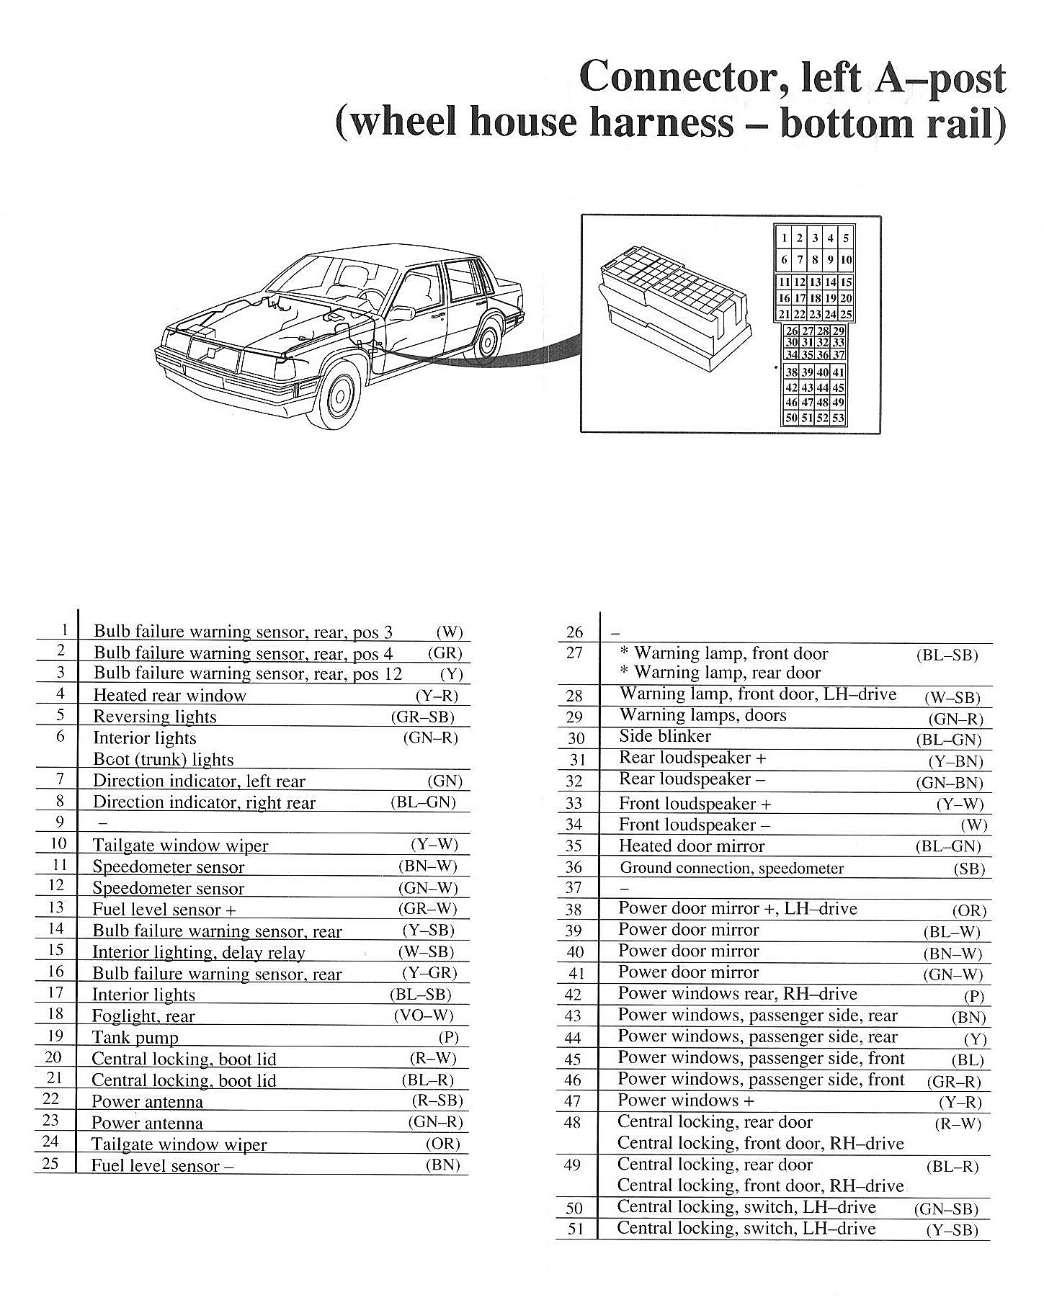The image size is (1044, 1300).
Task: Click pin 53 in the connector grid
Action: [838, 418]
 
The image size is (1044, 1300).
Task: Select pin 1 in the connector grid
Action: [785, 238]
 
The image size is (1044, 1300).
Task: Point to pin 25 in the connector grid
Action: [846, 314]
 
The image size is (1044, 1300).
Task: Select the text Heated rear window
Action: [169, 695]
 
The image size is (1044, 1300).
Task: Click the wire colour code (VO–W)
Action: [424, 1016]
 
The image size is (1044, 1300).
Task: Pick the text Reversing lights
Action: [155, 717]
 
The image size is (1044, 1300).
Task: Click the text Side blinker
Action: [664, 736]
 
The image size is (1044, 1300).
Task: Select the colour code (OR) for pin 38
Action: [968, 910]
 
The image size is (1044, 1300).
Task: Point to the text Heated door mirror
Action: [691, 846]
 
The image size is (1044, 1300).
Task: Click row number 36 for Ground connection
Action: [574, 868]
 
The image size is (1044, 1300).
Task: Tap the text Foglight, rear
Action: [143, 1016]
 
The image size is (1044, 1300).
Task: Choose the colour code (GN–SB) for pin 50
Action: [946, 1209]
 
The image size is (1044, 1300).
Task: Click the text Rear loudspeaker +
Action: [692, 758]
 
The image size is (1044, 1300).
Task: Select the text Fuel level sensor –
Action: [162, 1165]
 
